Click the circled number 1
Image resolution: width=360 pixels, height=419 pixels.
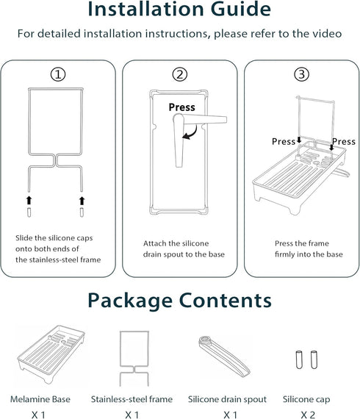tap(58, 74)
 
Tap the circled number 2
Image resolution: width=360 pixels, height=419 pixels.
tap(180, 74)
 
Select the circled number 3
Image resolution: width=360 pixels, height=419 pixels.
tap(301, 74)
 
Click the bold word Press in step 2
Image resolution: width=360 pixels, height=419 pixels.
tap(182, 107)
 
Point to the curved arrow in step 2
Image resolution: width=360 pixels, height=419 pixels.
tap(192, 135)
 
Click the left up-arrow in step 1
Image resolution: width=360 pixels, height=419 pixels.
tap(29, 201)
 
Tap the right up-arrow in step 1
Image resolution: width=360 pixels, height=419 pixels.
tap(82, 201)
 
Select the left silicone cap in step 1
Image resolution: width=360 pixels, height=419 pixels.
tap(29, 212)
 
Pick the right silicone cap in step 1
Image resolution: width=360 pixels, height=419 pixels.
tap(82, 212)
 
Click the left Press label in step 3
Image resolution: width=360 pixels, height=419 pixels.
tap(284, 141)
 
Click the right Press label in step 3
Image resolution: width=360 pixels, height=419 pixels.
tap(344, 141)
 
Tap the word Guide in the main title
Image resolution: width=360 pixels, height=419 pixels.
tap(241, 9)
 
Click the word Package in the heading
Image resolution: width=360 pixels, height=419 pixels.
tap(130, 301)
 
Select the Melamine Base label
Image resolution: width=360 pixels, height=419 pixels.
tap(40, 399)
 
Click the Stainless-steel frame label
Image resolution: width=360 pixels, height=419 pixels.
tap(132, 399)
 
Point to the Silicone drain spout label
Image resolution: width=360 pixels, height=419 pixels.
tap(227, 399)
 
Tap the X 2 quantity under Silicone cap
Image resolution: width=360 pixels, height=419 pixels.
tap(308, 415)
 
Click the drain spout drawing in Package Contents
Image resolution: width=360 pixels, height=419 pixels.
tap(224, 356)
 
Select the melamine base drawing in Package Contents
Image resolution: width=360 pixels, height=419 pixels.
tap(51, 354)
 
